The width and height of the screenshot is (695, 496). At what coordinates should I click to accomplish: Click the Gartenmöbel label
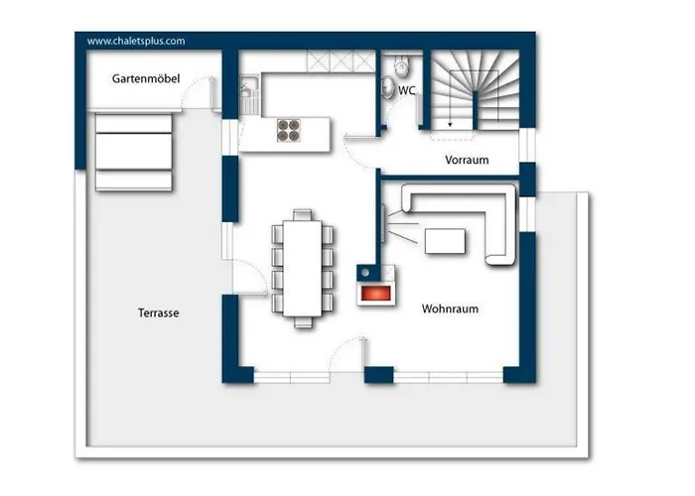coord(146,78)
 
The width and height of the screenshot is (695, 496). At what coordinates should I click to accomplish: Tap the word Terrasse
coord(158,313)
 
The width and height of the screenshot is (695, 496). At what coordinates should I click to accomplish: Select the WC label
coord(406,90)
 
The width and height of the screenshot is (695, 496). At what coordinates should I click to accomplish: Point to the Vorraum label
coord(467,160)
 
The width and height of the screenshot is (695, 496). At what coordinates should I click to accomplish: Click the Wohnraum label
coord(450,309)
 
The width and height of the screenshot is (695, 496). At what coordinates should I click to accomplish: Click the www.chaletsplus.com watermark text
coord(136,42)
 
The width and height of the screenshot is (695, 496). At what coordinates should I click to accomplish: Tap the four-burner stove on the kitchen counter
coord(289,131)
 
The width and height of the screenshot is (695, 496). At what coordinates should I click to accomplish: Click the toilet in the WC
coord(401,65)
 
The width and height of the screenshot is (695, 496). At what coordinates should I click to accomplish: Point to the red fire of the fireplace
coord(376,294)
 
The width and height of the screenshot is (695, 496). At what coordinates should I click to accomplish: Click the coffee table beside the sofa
coord(445,241)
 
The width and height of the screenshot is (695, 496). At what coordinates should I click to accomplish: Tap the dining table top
coord(303,269)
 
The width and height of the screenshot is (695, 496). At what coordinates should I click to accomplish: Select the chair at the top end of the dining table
coord(302,215)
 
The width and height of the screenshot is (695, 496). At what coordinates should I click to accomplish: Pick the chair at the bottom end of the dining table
coord(303,322)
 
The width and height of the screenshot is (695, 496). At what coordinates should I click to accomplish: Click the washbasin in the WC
coord(388,87)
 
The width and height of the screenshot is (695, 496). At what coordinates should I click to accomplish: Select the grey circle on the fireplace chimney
coord(365,273)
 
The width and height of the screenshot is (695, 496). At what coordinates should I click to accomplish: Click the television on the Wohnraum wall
coord(383,223)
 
